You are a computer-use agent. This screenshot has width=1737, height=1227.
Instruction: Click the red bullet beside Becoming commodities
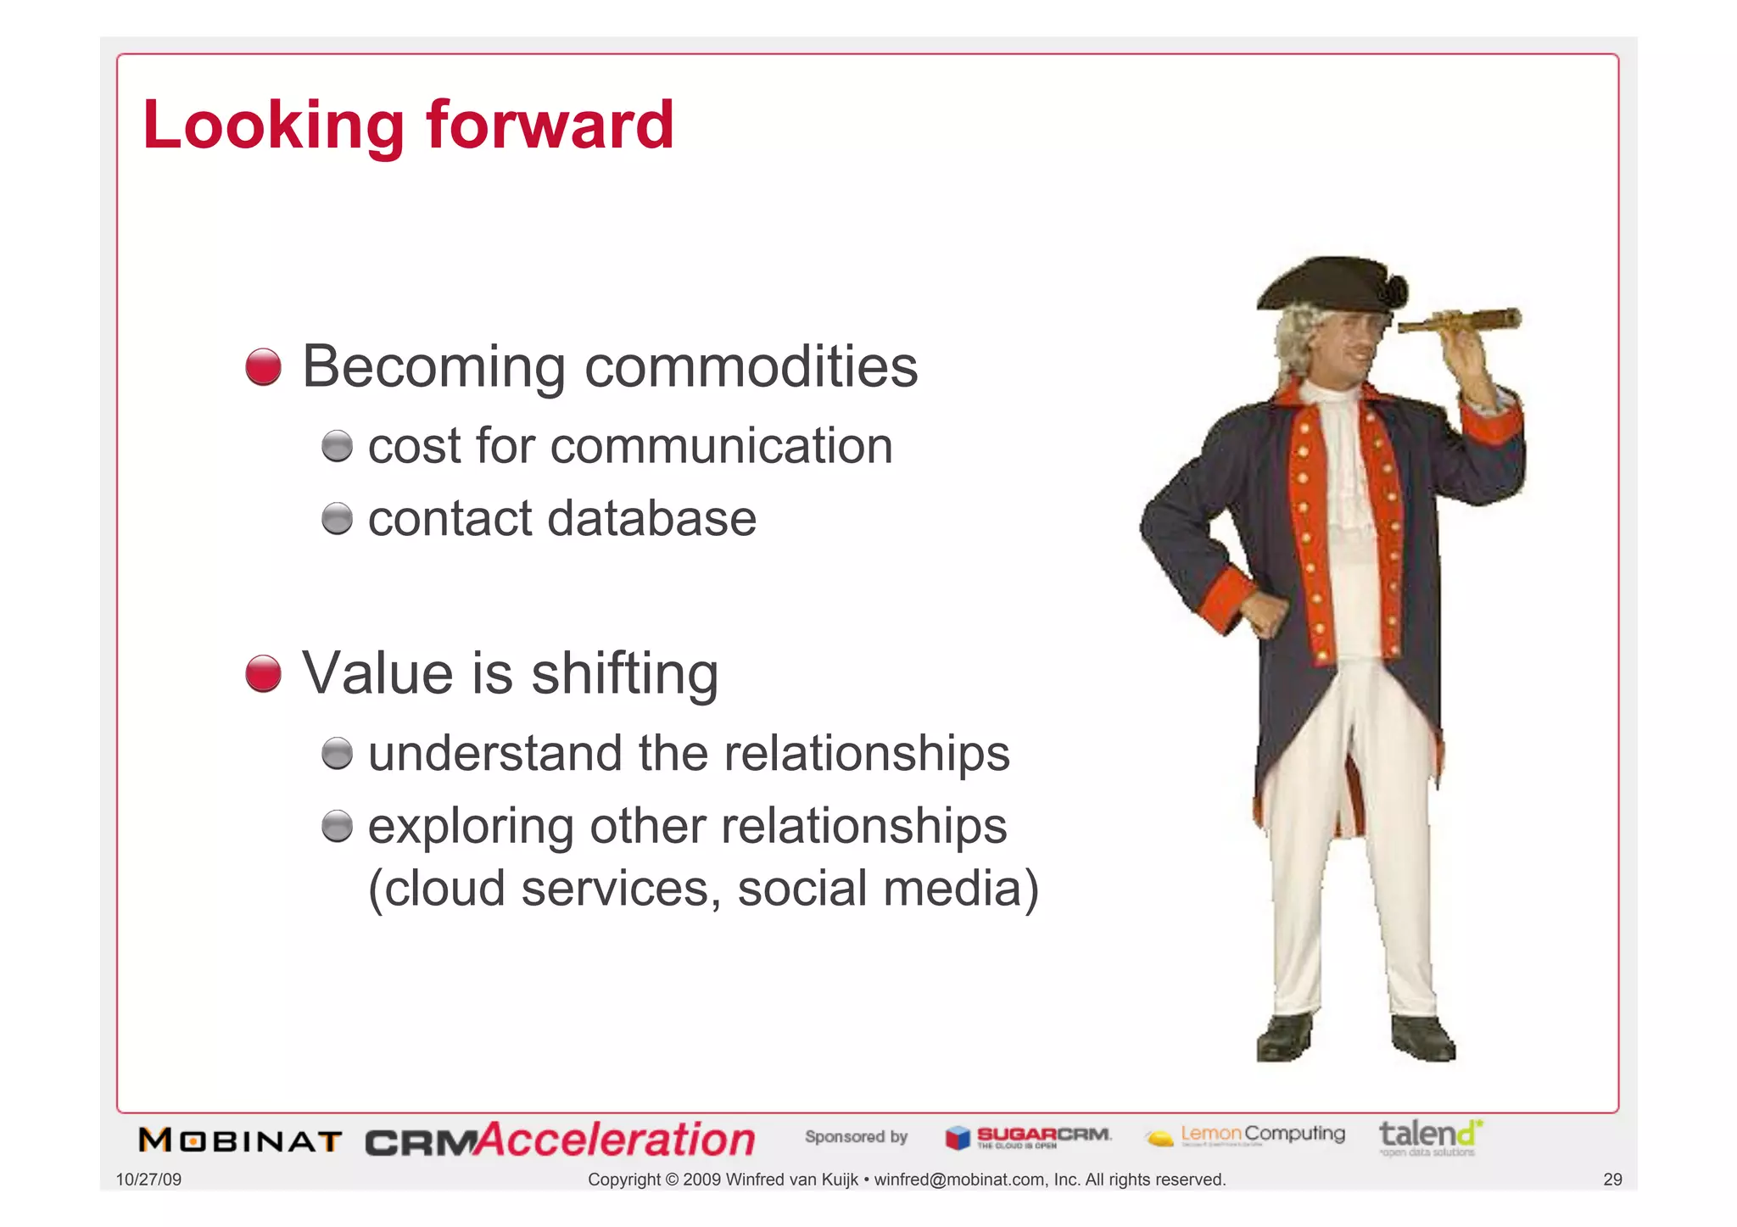[x=263, y=367]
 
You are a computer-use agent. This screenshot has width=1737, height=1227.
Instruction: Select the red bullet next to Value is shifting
[x=263, y=673]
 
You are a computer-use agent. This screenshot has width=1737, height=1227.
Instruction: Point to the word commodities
[x=751, y=367]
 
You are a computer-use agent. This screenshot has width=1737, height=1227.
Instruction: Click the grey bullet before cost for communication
[x=337, y=446]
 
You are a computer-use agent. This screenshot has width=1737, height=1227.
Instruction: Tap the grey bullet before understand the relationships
[x=337, y=753]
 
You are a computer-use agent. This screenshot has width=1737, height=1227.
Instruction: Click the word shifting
[x=624, y=674]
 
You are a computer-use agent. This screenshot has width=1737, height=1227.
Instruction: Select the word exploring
[x=471, y=827]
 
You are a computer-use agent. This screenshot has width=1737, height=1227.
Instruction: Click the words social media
[x=887, y=889]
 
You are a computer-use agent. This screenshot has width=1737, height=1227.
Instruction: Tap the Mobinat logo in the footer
[x=240, y=1141]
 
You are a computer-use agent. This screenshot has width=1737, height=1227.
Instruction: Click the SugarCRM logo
[x=1028, y=1137]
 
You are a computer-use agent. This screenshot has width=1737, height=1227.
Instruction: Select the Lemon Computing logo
[x=1245, y=1135]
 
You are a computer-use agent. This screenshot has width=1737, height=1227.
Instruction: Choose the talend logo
[x=1430, y=1137]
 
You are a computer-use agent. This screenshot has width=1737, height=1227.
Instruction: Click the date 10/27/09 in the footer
[x=148, y=1180]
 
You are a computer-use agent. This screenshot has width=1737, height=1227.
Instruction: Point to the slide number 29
[x=1612, y=1180]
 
